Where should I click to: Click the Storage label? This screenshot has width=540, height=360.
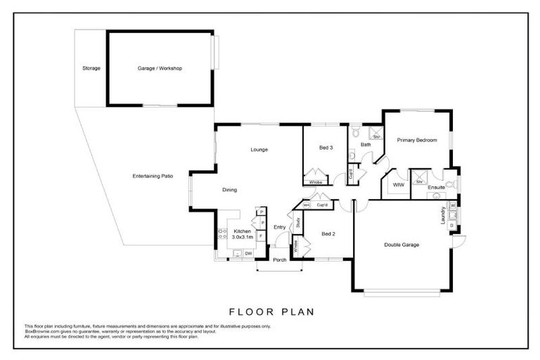tap(91, 68)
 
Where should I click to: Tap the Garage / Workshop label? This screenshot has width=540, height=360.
tap(160, 68)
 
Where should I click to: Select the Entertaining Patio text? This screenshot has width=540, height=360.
tap(153, 175)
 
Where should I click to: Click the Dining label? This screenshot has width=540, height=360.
tap(229, 189)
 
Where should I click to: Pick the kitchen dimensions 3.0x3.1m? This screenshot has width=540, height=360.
tap(243, 237)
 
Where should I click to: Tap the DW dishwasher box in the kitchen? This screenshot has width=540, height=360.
tap(249, 252)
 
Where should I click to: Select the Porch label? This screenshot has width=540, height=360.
tap(280, 259)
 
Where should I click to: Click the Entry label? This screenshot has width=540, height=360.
tap(279, 227)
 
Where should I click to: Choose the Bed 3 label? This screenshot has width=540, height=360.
tap(326, 148)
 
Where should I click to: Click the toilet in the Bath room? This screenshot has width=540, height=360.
tap(355, 131)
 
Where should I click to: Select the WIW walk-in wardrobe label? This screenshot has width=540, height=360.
tap(398, 185)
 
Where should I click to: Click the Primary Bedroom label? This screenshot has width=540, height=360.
tap(416, 140)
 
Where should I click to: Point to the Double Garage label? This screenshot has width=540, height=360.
tap(401, 245)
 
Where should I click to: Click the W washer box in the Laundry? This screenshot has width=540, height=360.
tap(453, 205)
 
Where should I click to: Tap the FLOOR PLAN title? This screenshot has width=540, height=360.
tap(271, 311)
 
